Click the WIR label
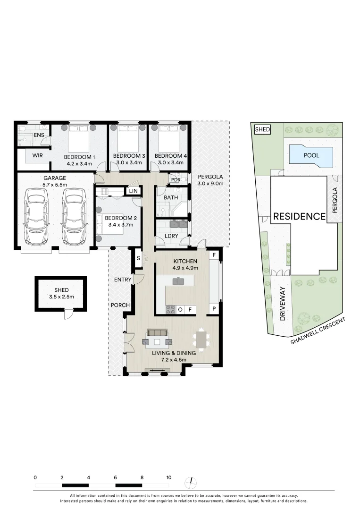(38, 155)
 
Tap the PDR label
(176, 180)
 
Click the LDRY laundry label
(171, 236)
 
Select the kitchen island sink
(178, 282)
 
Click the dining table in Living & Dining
(201, 339)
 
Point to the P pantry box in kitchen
(214, 309)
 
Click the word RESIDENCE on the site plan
(300, 216)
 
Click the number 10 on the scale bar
(168, 477)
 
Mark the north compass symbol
(191, 482)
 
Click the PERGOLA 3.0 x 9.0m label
(210, 180)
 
